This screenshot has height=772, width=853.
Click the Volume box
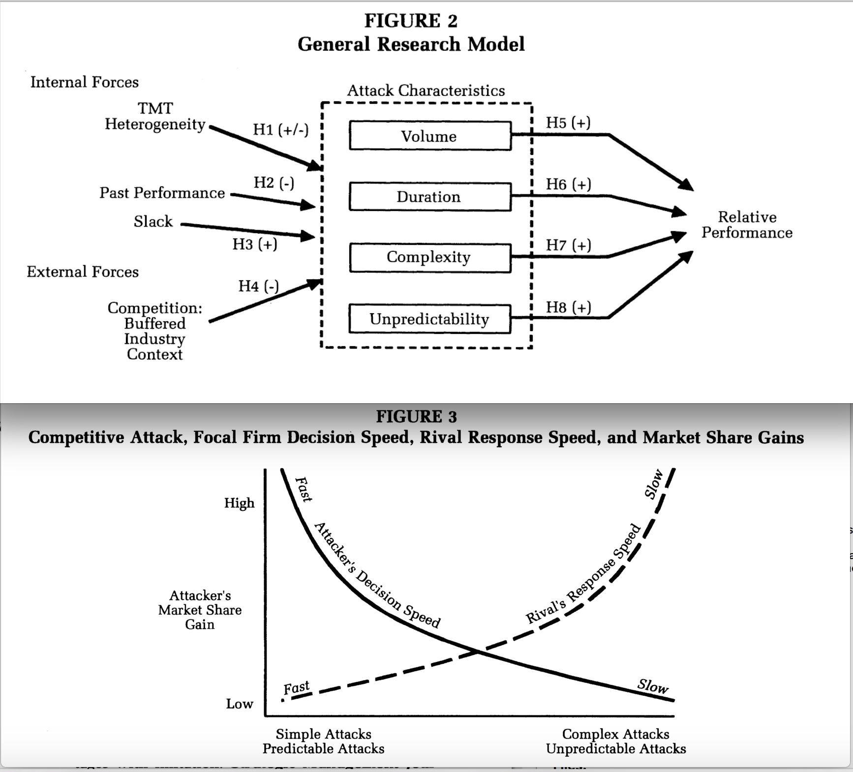click(430, 136)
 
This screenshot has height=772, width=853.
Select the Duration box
click(430, 197)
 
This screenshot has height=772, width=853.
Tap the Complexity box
click(430, 257)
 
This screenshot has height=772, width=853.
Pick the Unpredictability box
click(430, 319)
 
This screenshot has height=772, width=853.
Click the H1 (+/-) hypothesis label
click(280, 129)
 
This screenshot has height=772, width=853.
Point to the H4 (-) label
click(258, 286)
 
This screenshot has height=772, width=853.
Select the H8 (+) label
click(568, 307)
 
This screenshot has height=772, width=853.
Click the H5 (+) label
click(568, 122)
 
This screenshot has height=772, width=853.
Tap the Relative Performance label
click(747, 225)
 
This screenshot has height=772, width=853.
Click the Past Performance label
click(162, 193)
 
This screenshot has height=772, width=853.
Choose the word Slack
click(153, 222)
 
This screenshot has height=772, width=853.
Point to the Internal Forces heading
click(85, 82)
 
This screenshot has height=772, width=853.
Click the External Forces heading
click(83, 272)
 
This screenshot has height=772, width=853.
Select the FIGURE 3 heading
click(416, 417)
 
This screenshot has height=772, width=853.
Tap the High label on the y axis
click(239, 503)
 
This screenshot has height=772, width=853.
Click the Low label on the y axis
click(239, 704)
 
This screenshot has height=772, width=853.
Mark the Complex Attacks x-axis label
click(615, 734)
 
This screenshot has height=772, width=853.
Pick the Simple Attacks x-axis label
click(323, 734)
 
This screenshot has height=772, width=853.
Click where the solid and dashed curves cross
click(478, 652)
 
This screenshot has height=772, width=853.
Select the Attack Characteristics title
click(426, 90)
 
